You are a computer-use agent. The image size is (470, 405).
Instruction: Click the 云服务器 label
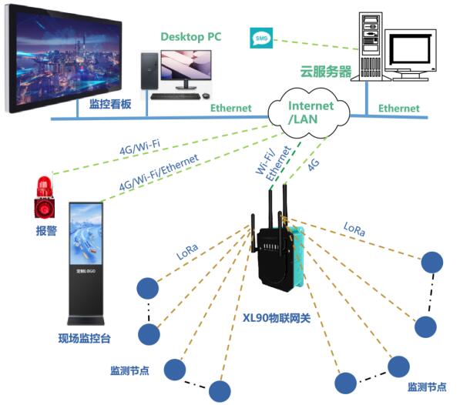325,72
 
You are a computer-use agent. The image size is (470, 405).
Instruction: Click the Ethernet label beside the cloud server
398,109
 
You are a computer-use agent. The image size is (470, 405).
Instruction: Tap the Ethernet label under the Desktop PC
231,109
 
